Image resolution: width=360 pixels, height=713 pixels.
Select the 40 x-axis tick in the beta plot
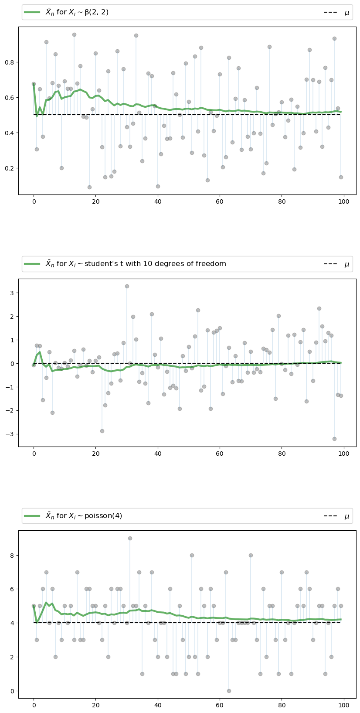point(158,202)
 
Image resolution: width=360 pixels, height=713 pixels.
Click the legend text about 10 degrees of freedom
point(136,264)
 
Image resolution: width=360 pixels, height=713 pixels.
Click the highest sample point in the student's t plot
point(127,286)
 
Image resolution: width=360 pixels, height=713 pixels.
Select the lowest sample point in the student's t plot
point(334,439)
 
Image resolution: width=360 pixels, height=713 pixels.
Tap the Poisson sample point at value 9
point(130,538)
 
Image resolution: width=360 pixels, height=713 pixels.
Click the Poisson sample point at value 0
point(229,691)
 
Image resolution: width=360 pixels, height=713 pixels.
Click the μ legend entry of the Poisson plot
point(347,516)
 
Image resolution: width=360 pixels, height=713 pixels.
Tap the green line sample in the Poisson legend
point(32,516)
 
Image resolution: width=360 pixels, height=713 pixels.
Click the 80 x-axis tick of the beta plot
point(282,202)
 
